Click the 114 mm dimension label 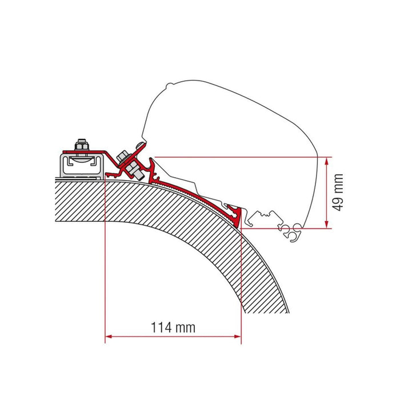[173, 327]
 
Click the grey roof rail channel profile [83, 166]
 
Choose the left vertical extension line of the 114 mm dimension [105, 257]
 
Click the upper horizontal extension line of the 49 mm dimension [240, 157]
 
